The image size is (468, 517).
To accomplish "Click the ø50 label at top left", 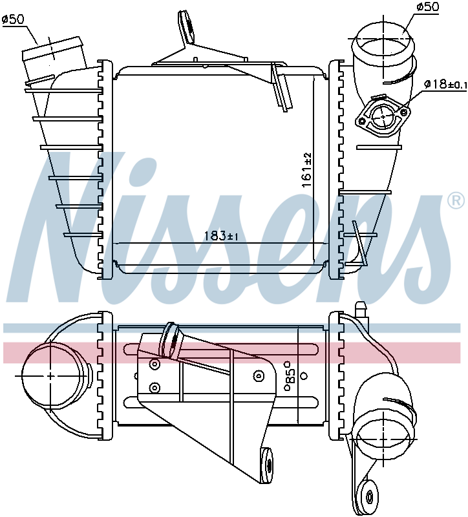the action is [x=14, y=19].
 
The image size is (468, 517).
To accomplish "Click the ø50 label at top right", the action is [x=427, y=6].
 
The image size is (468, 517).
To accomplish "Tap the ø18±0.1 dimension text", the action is [x=445, y=85].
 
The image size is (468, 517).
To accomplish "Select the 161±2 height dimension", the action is [x=307, y=170].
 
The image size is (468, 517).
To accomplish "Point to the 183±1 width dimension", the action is [x=221, y=236].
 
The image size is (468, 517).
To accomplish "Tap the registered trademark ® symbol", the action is [x=457, y=202].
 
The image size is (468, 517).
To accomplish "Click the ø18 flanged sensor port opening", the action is [x=384, y=116].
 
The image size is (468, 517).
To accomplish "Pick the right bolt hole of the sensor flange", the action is [x=404, y=112].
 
